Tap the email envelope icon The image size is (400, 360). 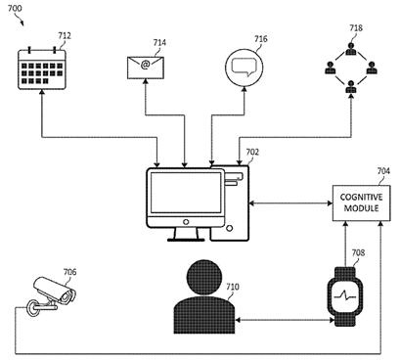(x=144, y=67)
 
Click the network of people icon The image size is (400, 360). (x=349, y=71)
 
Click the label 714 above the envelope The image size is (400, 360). (x=159, y=42)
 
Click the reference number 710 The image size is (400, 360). (x=232, y=287)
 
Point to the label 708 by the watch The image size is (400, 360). (x=359, y=252)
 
